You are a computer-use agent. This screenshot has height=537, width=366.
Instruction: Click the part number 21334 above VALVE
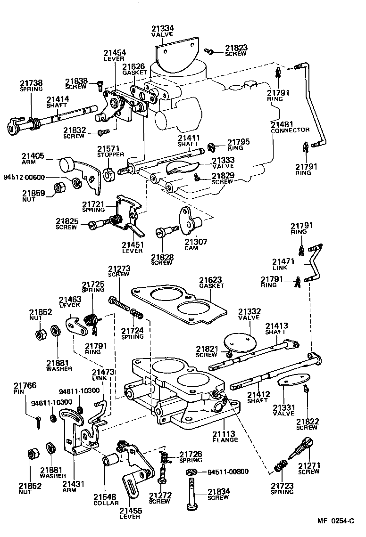pos(162,28)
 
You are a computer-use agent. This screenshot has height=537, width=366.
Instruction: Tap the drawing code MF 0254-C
pos(335,521)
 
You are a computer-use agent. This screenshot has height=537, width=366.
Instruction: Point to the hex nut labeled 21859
pos(59,187)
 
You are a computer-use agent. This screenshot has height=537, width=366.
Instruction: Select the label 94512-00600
pos(24,177)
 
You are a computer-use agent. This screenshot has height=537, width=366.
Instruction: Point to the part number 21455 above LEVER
pos(130,510)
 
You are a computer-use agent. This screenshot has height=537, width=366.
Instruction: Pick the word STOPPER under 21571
pos(110,155)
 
